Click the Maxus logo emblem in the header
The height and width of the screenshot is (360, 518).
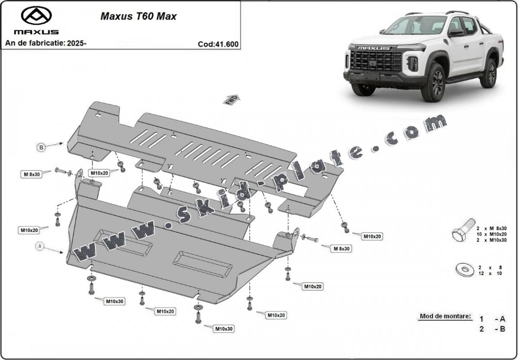(x=36, y=16)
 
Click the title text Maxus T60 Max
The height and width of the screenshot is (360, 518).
(x=138, y=17)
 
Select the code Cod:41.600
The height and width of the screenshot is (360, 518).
(x=218, y=44)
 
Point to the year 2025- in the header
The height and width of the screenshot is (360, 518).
(x=77, y=44)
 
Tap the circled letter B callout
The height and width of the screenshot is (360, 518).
(x=41, y=147)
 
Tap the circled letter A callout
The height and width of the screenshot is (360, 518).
(x=40, y=246)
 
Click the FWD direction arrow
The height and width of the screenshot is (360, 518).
(x=231, y=100)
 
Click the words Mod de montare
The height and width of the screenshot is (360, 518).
(x=445, y=316)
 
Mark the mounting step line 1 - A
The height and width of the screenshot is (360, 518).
(x=492, y=319)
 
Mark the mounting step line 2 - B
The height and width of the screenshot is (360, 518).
(x=492, y=329)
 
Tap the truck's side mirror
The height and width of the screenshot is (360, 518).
(x=455, y=32)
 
